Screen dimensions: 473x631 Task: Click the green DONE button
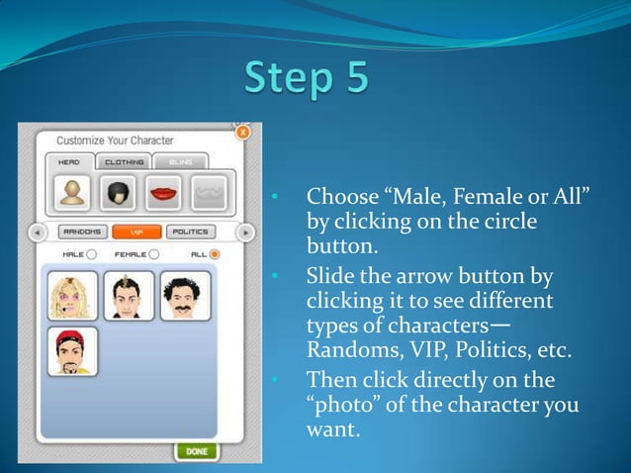pos(196,451)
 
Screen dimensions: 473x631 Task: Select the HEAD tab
pos(69,162)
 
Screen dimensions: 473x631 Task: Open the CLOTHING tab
pos(124,162)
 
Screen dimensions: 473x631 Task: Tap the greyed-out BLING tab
pos(180,162)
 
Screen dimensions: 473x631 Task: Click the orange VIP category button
pos(136,233)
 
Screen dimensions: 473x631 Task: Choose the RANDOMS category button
pos(83,233)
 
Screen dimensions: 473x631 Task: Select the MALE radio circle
pos(91,254)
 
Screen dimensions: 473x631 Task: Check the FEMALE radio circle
pos(153,254)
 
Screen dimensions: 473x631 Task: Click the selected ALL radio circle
pos(215,254)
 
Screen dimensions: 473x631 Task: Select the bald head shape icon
pos(69,192)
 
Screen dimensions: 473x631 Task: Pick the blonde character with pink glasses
pos(72,295)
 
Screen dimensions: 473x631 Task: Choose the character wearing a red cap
pos(72,351)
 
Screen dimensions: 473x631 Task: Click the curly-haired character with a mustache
pos(185,295)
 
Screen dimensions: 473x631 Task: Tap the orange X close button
pos(243,132)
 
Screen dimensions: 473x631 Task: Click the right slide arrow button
pos(245,233)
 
